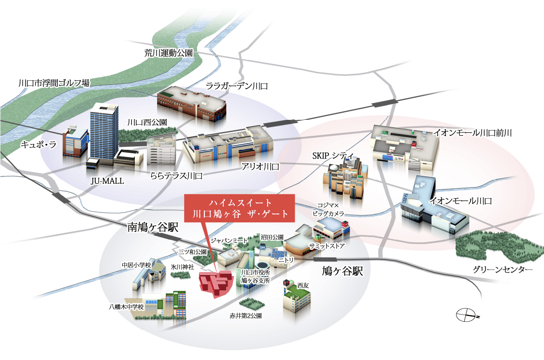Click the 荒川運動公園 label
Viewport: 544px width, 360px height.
tap(169, 53)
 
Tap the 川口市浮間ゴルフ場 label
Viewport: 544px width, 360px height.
tap(54, 83)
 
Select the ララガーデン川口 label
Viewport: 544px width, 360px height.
tap(236, 86)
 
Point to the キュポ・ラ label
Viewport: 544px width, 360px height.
tap(38, 144)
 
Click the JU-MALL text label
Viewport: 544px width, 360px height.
tap(107, 181)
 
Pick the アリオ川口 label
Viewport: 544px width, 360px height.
tap(260, 167)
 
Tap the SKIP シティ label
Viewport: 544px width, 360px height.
tap(334, 156)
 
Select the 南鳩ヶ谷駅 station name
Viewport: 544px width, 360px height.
tap(153, 227)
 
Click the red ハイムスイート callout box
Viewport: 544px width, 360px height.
tap(240, 208)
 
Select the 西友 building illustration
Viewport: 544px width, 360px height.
tap(296, 296)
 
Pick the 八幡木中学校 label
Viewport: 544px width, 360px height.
tap(127, 306)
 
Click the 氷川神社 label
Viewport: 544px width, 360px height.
tap(182, 266)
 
